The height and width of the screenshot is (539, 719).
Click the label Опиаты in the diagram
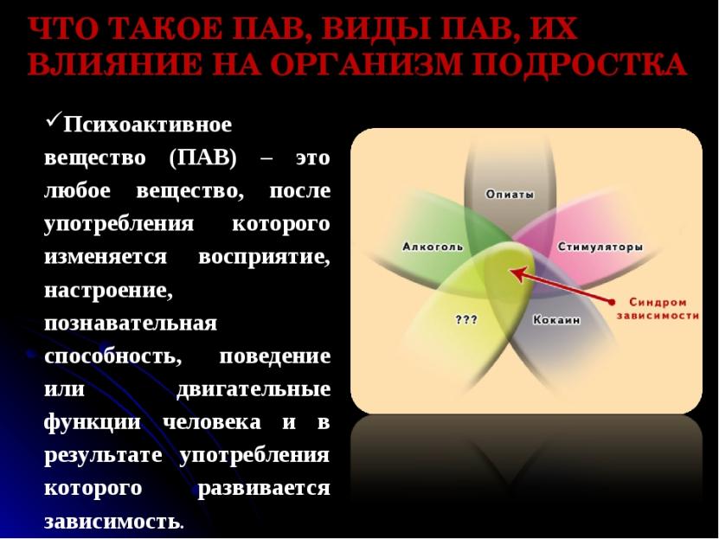click(510, 195)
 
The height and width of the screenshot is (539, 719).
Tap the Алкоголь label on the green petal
click(433, 247)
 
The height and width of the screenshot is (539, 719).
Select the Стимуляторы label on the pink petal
click(600, 247)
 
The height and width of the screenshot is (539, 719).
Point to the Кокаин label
click(556, 319)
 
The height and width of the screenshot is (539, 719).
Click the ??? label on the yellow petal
click(466, 319)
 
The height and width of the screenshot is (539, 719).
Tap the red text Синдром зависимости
click(658, 309)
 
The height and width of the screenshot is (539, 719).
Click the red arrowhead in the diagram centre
click(517, 274)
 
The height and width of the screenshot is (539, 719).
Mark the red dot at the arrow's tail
click(611, 302)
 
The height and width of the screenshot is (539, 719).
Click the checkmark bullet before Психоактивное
click(53, 121)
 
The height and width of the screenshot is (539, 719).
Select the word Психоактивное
click(148, 125)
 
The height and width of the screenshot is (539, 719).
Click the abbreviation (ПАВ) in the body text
click(202, 158)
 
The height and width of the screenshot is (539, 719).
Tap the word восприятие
click(264, 258)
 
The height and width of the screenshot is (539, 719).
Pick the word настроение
click(108, 291)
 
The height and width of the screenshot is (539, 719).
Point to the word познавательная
click(131, 323)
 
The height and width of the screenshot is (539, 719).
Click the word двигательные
click(254, 389)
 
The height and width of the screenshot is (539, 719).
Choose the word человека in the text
click(212, 422)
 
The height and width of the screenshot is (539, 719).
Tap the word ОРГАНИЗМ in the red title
click(365, 64)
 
